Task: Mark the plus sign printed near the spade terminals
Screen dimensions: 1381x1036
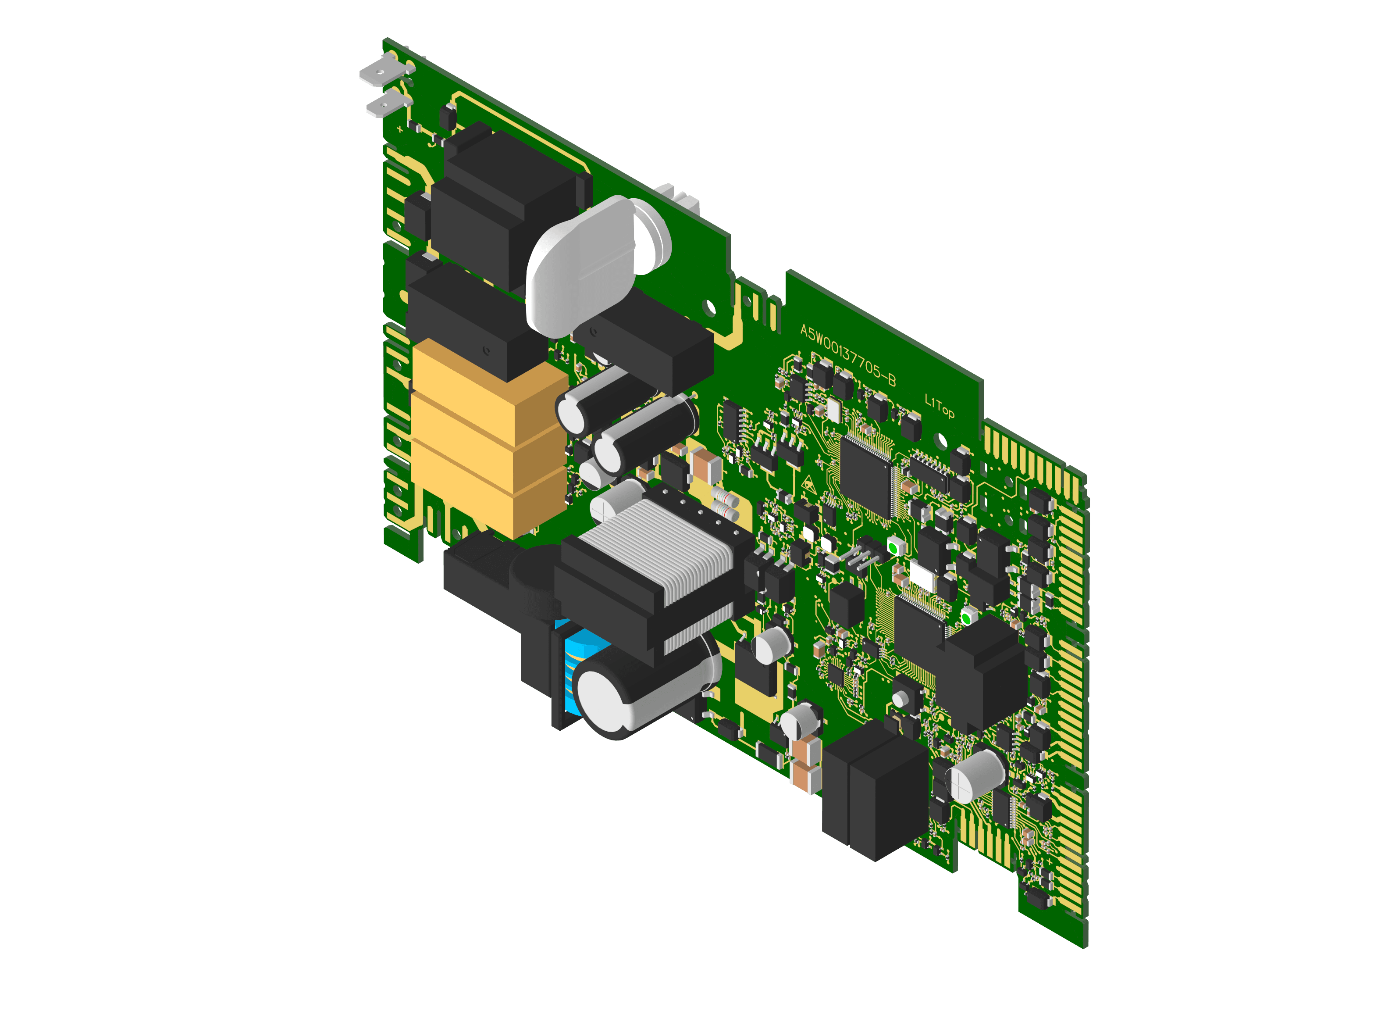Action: (399, 130)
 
